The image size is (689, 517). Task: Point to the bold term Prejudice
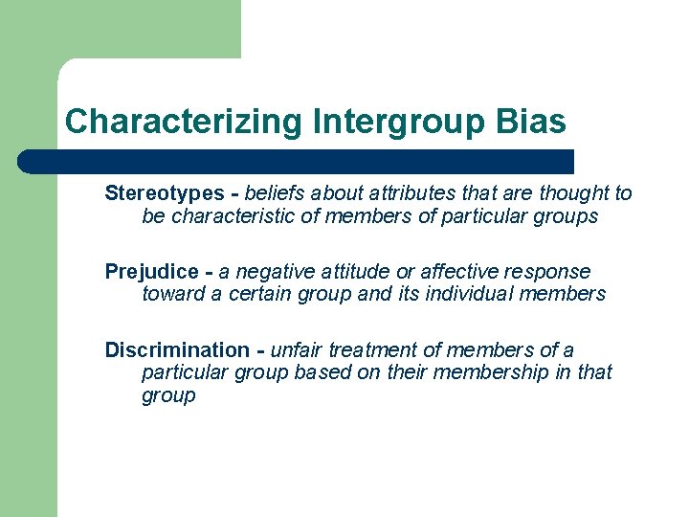150,272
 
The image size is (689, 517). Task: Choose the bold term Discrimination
177,350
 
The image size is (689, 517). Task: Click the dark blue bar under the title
297,161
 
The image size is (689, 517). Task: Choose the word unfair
298,350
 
